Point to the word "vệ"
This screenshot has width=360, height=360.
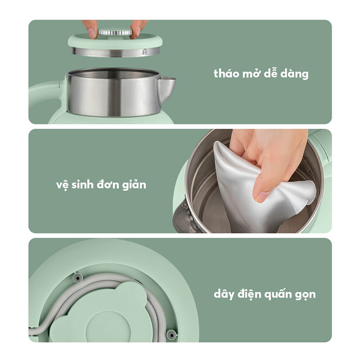(x=62, y=185)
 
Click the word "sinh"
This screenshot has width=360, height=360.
(x=84, y=184)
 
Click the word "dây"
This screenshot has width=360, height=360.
(x=225, y=294)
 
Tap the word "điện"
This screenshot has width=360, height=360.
(x=251, y=294)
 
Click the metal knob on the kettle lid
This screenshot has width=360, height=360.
(x=115, y=32)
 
